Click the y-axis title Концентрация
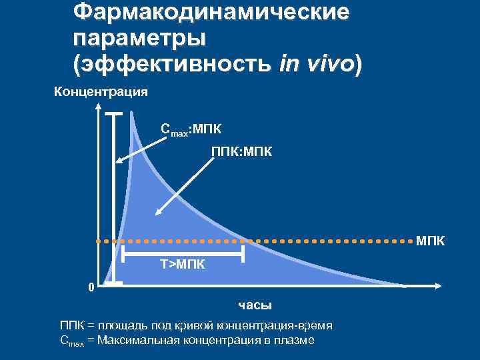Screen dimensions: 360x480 point(101,92)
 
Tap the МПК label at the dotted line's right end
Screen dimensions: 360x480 point(430,239)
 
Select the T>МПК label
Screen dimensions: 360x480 point(183,265)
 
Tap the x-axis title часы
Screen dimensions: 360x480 point(255,305)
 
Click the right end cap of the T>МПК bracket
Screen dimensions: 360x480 point(243,253)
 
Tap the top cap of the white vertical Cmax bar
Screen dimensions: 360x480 point(115,115)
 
